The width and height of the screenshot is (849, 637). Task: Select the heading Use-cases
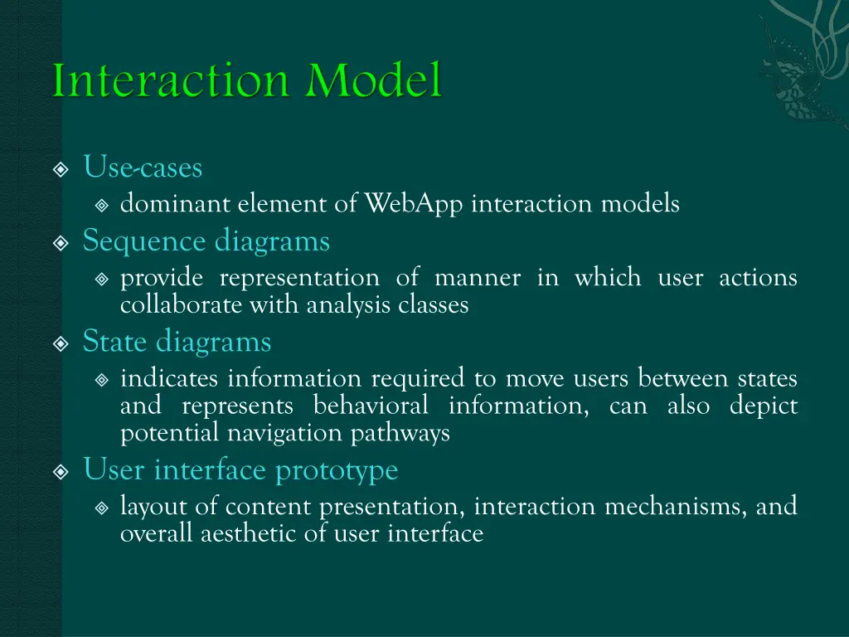143,168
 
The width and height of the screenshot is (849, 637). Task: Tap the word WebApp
414,203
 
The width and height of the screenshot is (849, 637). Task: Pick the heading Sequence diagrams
206,241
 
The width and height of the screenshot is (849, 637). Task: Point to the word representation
298,277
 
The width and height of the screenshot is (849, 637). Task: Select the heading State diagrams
177,341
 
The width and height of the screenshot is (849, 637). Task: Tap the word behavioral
371,406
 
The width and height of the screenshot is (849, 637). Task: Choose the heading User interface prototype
240,470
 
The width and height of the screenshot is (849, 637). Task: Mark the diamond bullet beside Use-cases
61,170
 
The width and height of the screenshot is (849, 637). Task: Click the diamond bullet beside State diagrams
61,343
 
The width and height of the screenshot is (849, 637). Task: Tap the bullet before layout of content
102,508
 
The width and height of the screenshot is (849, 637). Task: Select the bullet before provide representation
102,280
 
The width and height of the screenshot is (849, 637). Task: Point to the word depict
763,406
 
